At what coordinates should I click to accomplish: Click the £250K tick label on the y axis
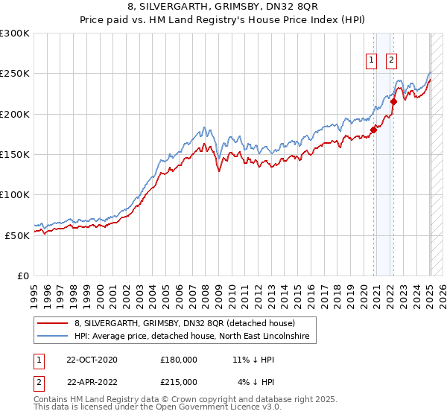pos(14,74)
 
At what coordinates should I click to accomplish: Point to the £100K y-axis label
pos(14,194)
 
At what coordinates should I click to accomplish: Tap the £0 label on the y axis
pos(22,276)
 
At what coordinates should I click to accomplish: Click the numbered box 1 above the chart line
pos(371,62)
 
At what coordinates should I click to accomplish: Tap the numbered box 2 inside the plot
pos(391,62)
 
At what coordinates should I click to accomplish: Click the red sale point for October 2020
pos(374,130)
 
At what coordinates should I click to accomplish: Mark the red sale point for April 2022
pos(394,102)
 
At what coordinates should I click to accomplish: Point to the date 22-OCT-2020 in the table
pos(92,360)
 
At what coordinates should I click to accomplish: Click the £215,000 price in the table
pos(179,382)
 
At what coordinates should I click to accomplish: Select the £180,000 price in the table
pos(179,360)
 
